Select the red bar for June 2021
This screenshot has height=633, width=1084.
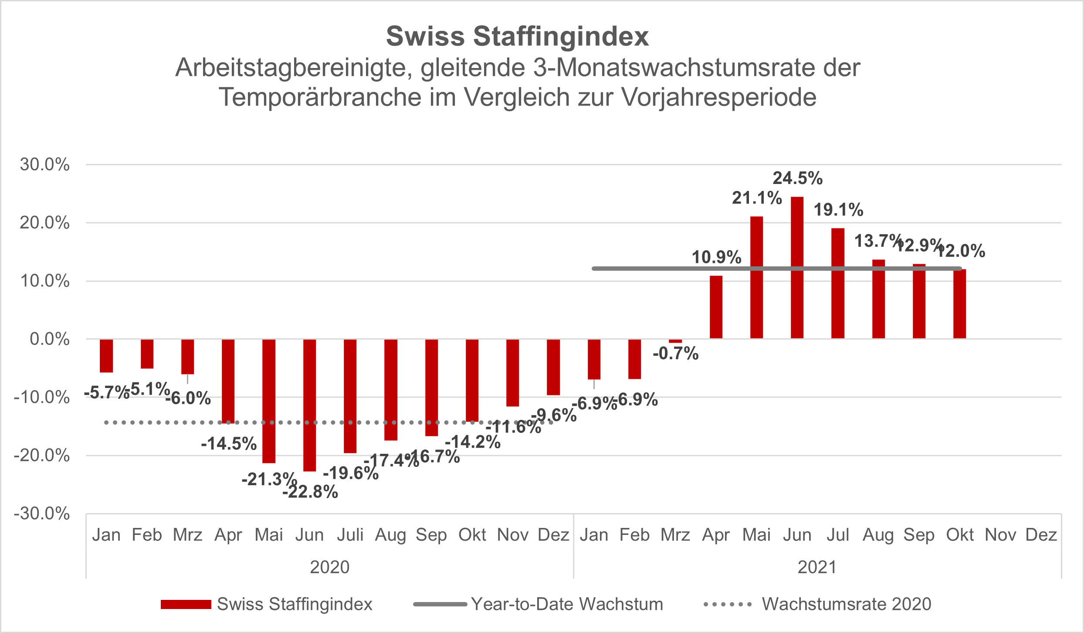coord(797,268)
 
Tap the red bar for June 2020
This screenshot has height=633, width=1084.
coord(309,405)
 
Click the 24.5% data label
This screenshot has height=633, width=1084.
coord(797,178)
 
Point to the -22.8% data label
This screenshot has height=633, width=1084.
coord(310,492)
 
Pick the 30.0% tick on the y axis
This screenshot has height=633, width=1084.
coord(44,165)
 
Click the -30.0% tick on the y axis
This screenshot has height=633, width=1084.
coord(42,514)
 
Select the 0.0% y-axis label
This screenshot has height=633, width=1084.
coord(49,339)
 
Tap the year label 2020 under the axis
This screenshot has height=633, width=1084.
coord(329,567)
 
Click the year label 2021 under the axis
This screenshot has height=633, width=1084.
coord(817,567)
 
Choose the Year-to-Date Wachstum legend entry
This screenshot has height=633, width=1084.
coord(567,604)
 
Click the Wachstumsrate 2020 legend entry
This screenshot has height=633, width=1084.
coord(846,604)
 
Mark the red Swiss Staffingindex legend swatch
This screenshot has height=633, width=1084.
coord(186,604)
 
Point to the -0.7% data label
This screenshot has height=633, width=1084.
coord(675,354)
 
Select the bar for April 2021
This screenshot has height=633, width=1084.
coord(716,307)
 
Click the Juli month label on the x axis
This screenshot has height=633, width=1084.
coord(350,535)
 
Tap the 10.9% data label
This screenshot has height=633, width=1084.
coord(716,257)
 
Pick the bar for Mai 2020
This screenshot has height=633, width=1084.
coord(269,401)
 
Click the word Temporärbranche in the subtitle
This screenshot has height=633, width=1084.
coord(320,97)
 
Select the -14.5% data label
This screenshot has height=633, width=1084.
coord(229,444)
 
